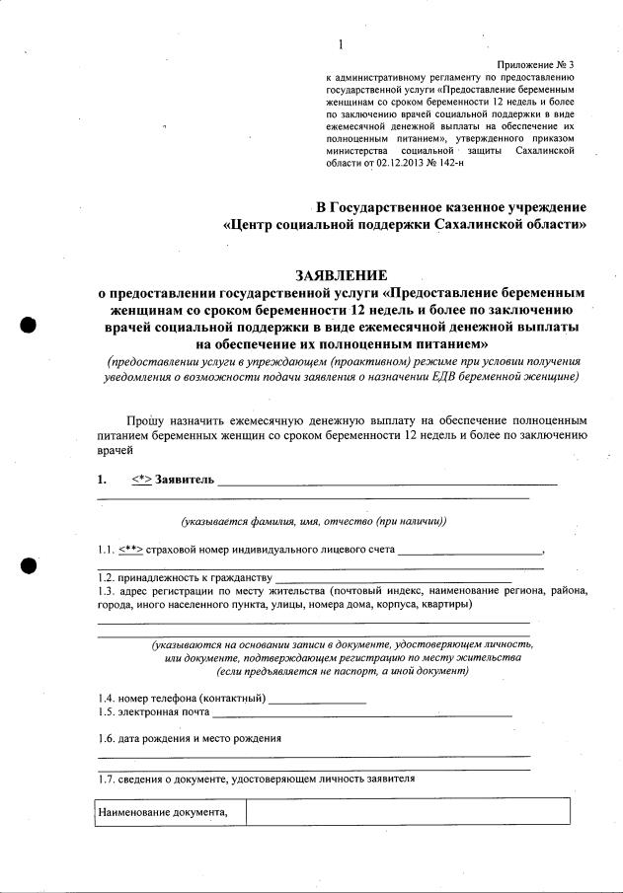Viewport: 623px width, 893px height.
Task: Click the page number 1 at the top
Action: pos(340,43)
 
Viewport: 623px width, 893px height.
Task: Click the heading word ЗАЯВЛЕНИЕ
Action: pos(342,274)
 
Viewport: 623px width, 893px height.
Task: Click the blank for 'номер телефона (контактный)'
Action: pos(317,701)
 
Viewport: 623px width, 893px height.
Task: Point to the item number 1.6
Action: pos(106,738)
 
